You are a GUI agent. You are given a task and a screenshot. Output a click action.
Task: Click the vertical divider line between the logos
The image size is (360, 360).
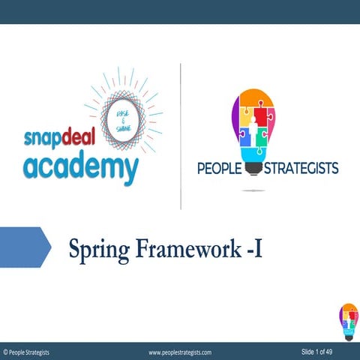[181, 135]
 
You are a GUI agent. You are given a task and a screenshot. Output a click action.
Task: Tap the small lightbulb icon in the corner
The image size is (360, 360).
[348, 321]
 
